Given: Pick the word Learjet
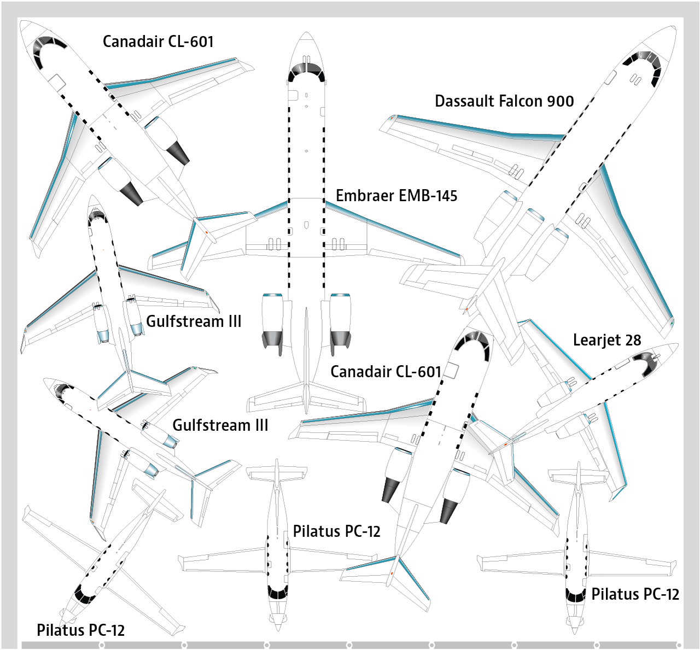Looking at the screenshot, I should tap(597, 340).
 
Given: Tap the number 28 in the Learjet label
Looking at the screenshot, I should tap(633, 340).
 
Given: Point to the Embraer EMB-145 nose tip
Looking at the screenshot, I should tap(306, 33).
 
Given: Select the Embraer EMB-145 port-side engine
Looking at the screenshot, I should tap(272, 323).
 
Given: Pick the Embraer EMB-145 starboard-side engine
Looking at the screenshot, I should tap(340, 323).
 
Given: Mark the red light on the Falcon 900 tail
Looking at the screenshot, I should tap(466, 309).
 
